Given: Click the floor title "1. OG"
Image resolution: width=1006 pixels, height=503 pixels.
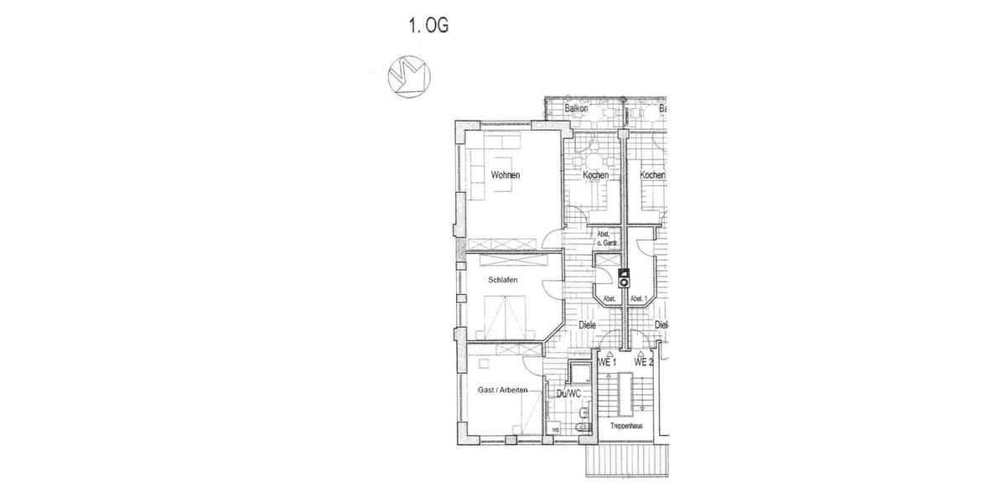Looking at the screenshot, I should click(x=428, y=26).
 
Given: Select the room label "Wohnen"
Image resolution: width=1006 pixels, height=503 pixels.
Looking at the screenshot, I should click(x=506, y=175).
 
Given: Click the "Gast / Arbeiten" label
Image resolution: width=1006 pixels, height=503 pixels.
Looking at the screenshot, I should click(x=503, y=392).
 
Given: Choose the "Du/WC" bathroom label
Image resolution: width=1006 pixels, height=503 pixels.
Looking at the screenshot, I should click(x=568, y=392).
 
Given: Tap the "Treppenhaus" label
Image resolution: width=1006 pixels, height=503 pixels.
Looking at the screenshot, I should click(x=626, y=427).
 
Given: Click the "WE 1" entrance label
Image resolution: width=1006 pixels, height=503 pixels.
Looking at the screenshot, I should click(x=607, y=363).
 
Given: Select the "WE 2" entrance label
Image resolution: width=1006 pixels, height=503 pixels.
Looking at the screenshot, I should click(x=643, y=363).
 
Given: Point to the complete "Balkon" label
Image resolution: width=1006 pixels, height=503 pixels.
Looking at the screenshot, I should click(x=576, y=109).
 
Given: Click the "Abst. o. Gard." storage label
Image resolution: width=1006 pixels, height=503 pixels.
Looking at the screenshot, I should click(x=607, y=239).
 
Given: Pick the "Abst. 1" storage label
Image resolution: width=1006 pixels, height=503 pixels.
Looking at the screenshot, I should click(x=640, y=298).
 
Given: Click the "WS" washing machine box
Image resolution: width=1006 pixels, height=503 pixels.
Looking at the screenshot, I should click(x=555, y=430).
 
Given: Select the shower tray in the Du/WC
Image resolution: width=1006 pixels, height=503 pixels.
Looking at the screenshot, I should click(x=578, y=374).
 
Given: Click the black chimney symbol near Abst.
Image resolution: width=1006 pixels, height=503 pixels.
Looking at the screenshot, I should click(x=624, y=277).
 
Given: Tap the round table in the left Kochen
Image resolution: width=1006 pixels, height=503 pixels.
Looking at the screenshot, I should click(x=594, y=161).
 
